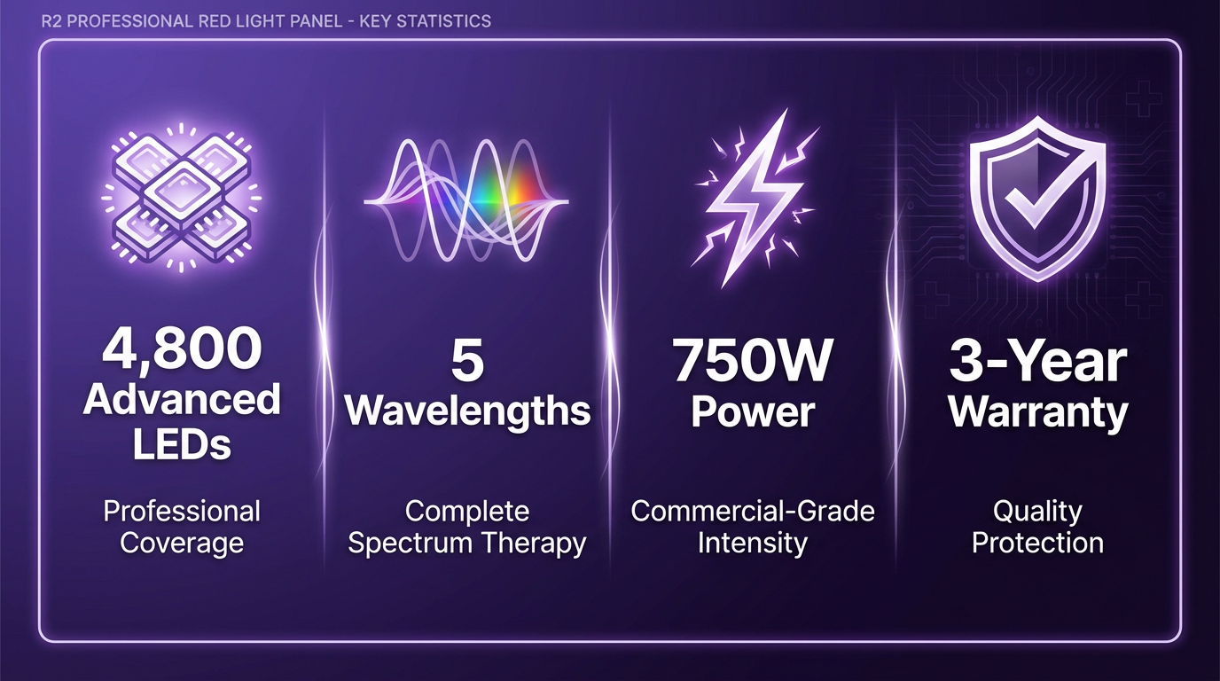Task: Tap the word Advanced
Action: click(x=182, y=399)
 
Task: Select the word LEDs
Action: click(x=182, y=443)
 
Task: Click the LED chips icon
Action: click(x=182, y=197)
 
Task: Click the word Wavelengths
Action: click(x=467, y=411)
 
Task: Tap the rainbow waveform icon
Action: click(x=466, y=200)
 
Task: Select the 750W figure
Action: click(x=753, y=360)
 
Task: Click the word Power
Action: click(x=753, y=411)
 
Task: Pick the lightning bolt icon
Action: click(x=755, y=199)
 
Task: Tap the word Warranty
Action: click(x=1038, y=411)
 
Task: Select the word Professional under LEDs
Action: click(x=182, y=511)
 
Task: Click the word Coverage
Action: click(x=182, y=543)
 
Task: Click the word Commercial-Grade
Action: click(x=753, y=511)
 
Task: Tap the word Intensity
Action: click(x=753, y=544)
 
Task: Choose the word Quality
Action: click(x=1037, y=512)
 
